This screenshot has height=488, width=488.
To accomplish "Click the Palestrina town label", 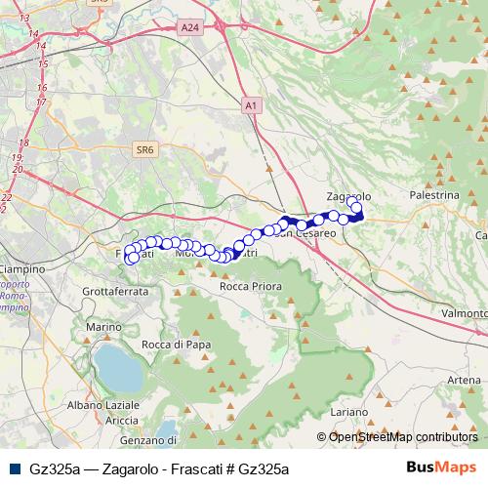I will [x=435, y=195].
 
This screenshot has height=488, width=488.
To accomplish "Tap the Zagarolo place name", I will [x=349, y=195].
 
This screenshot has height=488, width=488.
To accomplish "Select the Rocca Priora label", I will [x=251, y=287].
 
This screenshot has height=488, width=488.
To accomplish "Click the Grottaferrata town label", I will [x=115, y=291].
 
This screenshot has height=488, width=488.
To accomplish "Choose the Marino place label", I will [x=102, y=326].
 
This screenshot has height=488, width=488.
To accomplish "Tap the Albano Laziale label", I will [x=104, y=404].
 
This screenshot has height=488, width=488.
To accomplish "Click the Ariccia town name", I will [x=122, y=420].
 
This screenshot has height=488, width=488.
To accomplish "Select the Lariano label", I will [x=348, y=414].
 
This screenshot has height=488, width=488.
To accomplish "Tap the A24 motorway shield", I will [x=189, y=30].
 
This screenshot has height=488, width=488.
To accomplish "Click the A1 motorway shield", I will [x=251, y=103].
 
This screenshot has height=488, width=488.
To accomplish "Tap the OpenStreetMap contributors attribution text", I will [x=403, y=437].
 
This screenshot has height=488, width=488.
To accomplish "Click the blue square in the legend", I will [x=14, y=468].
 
